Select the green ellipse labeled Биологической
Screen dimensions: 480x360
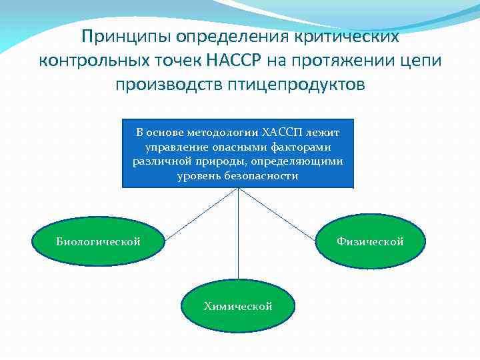click(99, 241)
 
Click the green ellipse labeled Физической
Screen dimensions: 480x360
click(370, 241)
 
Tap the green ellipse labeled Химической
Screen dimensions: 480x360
click(238, 306)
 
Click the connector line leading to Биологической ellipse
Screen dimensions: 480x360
click(200, 214)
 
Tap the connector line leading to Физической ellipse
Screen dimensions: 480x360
click(276, 214)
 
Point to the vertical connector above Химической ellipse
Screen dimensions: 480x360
click(238, 233)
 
